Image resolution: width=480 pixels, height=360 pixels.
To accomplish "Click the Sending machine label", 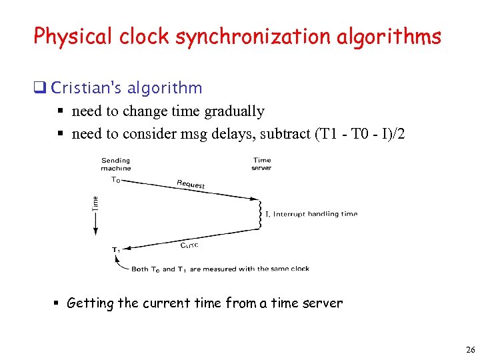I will [x=115, y=164].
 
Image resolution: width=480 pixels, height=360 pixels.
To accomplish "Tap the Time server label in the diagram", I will [x=262, y=164].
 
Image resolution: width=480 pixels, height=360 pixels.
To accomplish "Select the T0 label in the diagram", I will [x=115, y=180].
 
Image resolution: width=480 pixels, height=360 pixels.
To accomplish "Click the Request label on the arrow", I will [x=191, y=184].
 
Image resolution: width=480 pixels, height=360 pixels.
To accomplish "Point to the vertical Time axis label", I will [x=95, y=202].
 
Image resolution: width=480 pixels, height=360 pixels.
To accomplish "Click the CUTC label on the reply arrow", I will [x=189, y=245].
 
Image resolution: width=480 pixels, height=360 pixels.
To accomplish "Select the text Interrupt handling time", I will [x=315, y=214].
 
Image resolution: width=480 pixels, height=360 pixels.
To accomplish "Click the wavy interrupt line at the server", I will [x=260, y=214].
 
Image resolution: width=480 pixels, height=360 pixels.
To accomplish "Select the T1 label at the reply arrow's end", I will [x=115, y=250].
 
